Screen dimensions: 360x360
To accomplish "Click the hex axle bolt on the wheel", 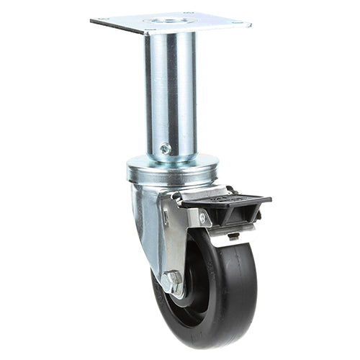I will coord(172,282).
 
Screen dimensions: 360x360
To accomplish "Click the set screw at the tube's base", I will coord(166,148).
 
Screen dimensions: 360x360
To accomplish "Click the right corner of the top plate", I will coord(250,24).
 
